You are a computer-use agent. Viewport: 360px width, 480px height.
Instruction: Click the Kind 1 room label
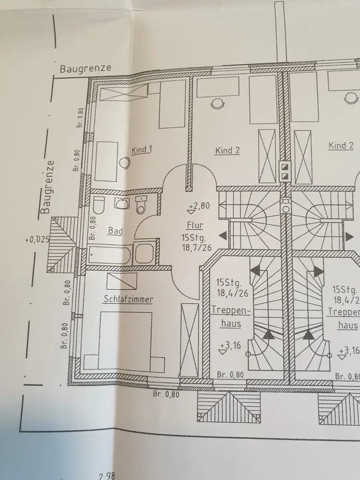coord(142,150)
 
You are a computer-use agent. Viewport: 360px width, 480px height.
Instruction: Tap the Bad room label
coord(115,231)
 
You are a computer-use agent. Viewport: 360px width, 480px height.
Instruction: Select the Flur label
coord(196,224)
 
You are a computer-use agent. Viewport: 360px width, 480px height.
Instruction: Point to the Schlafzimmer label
coord(128,300)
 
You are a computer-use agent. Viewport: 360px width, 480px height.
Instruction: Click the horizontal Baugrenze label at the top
coord(85,68)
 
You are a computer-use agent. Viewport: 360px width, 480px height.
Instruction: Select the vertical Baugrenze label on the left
coord(46,187)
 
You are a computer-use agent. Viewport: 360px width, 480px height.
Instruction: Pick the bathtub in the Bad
coord(110,254)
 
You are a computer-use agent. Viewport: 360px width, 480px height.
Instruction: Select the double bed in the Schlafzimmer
coord(125,340)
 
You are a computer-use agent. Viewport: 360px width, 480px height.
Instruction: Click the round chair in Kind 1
coord(124,163)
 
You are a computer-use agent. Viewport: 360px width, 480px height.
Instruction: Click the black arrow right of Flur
coord(223,235)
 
